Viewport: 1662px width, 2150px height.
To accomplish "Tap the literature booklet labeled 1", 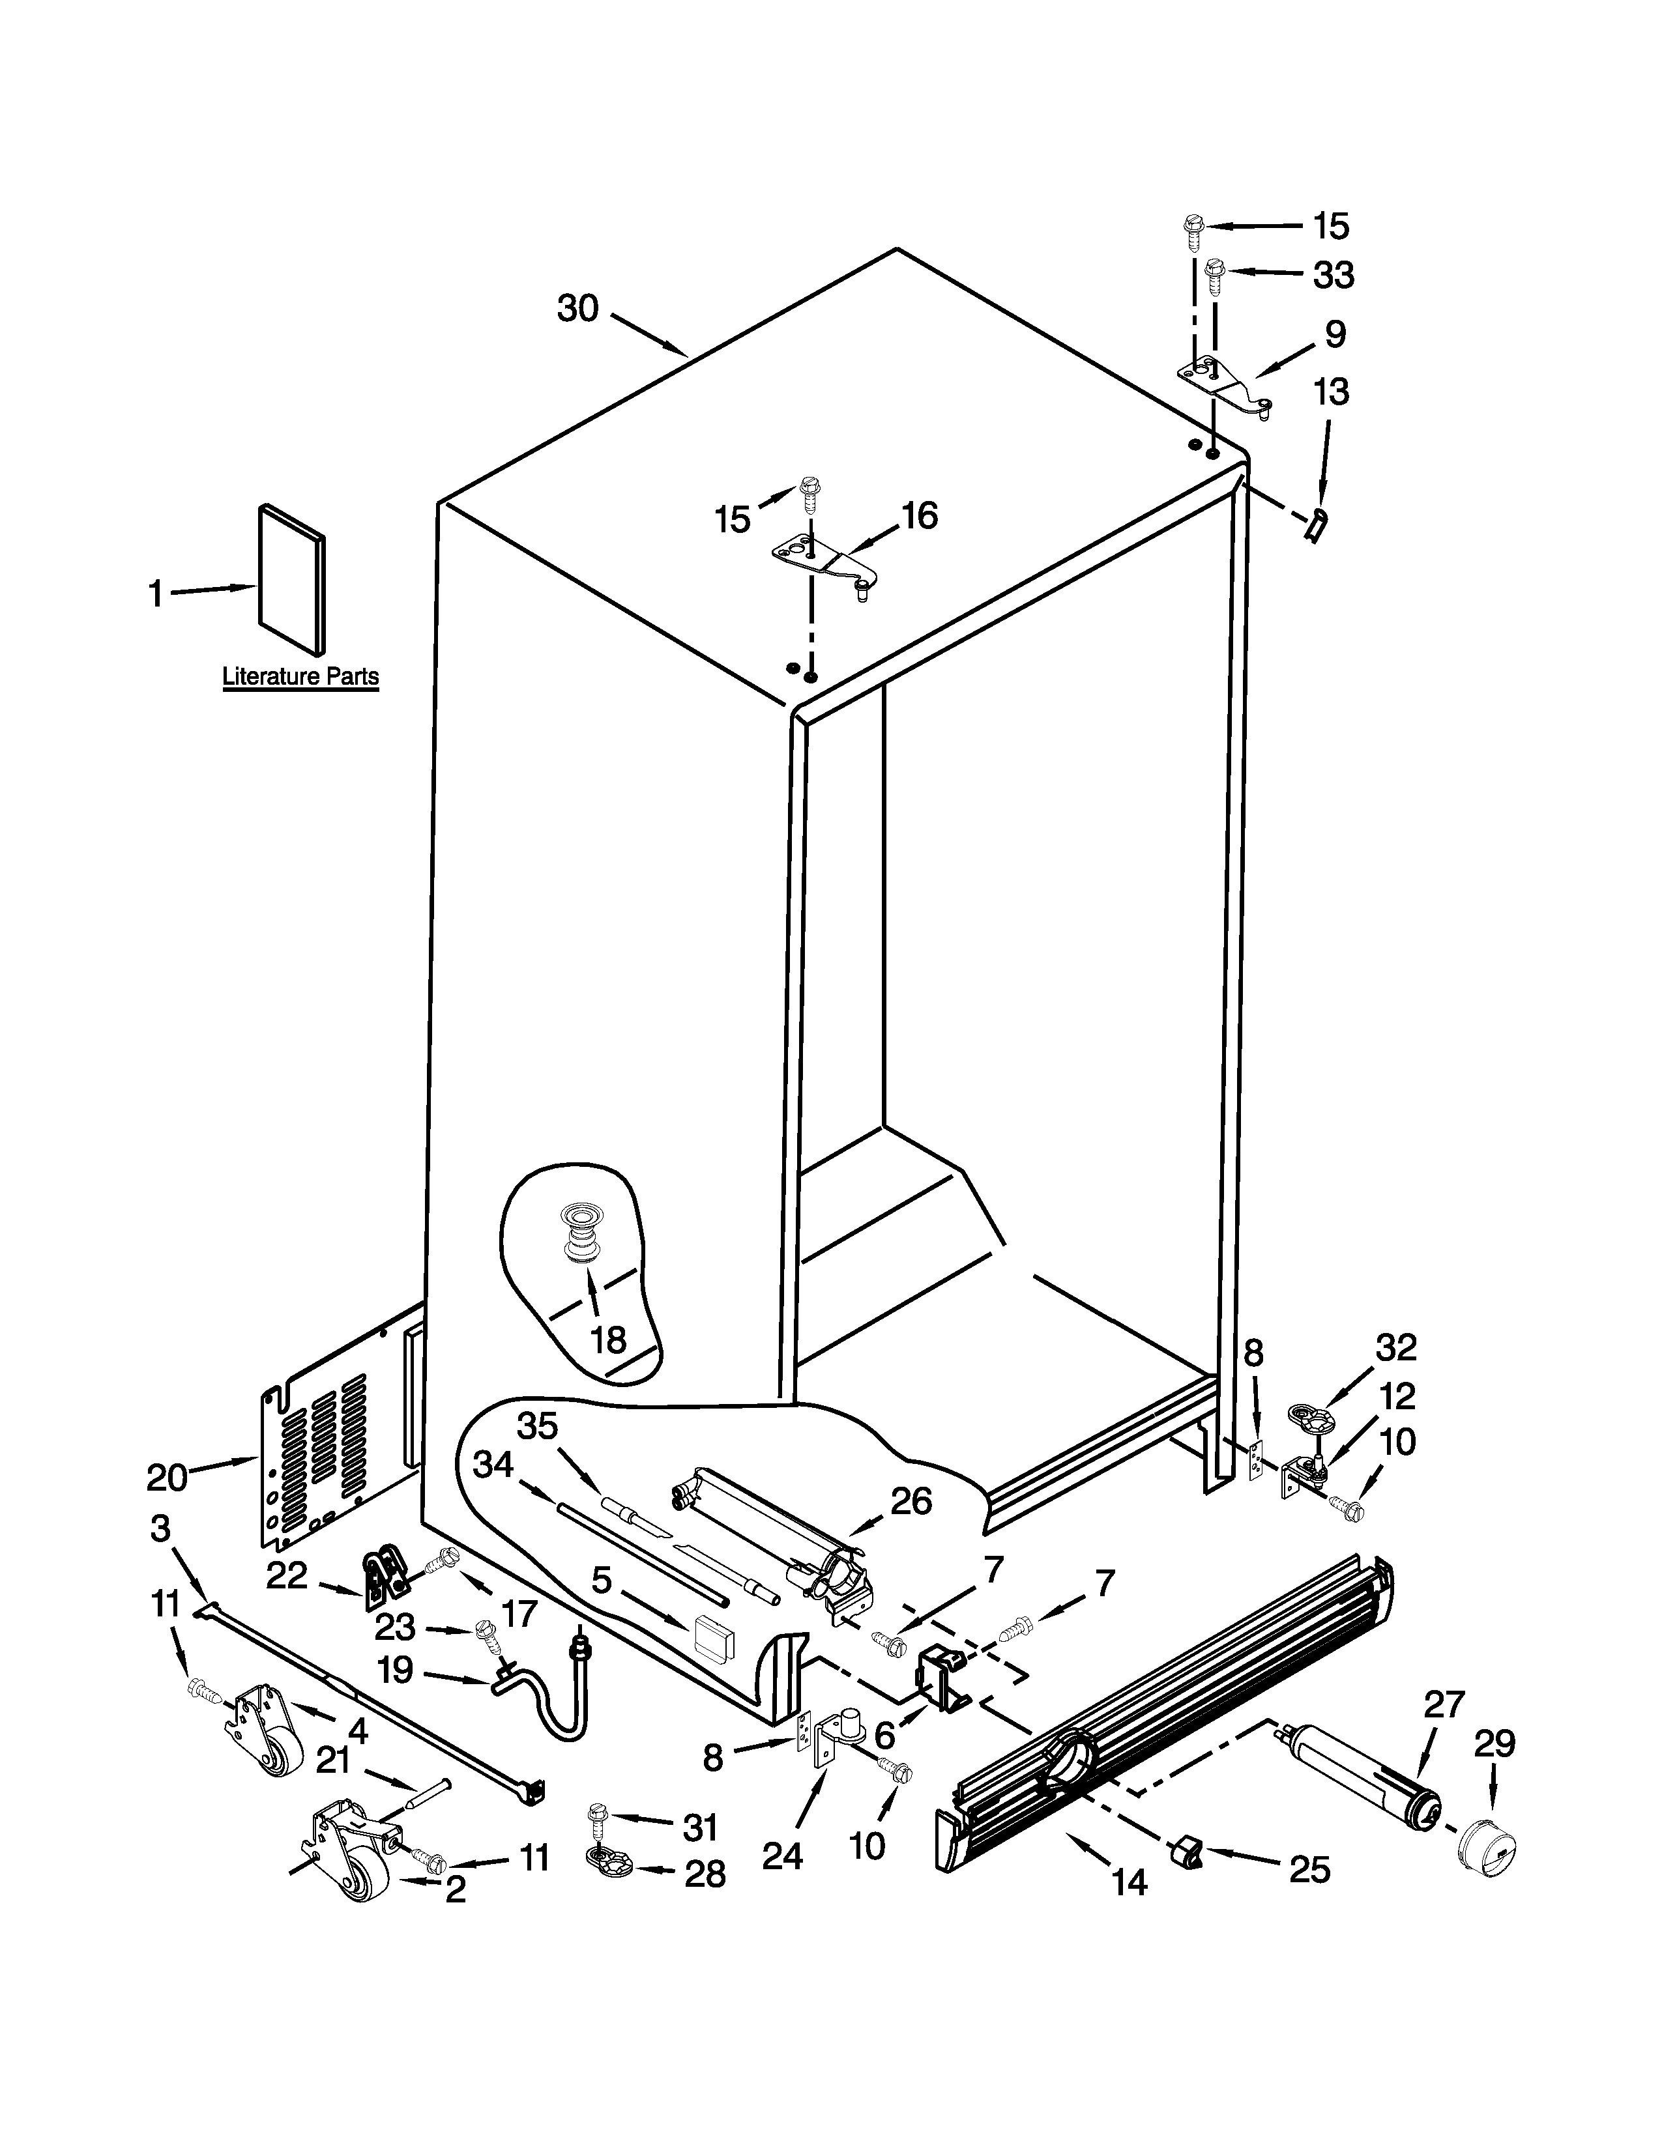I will tap(291, 580).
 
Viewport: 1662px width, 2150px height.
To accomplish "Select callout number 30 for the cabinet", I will tap(578, 308).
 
